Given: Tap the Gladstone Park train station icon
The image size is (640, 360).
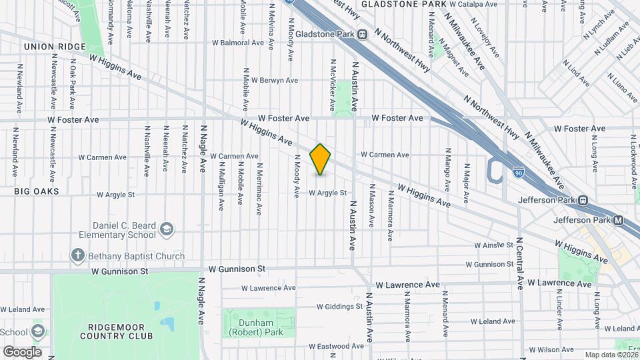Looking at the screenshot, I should (x=362, y=34).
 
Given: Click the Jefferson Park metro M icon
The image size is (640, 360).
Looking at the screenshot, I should (x=618, y=220).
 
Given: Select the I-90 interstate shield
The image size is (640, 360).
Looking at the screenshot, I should (x=518, y=173).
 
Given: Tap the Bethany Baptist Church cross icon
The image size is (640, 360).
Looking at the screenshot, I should (x=78, y=255).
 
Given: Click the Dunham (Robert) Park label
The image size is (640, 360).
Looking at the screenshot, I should (x=257, y=327).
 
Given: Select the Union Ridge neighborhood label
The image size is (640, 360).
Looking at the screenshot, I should (x=55, y=47).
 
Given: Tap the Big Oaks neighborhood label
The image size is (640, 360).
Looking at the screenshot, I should (x=37, y=191).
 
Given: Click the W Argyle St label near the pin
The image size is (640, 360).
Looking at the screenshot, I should (x=328, y=193).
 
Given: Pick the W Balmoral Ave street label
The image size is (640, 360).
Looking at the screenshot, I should (x=238, y=43).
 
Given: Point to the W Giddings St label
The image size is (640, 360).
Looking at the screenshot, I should (x=339, y=307).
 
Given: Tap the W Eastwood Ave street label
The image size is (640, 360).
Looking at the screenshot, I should (x=341, y=346).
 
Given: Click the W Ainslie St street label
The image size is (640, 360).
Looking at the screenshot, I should (x=493, y=246).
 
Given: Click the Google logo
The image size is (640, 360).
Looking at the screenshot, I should (x=22, y=351).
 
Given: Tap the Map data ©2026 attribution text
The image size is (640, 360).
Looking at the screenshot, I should (x=611, y=355).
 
